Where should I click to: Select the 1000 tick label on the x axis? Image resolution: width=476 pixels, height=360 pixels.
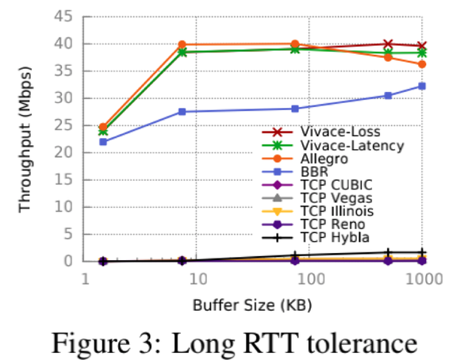pos(424,278)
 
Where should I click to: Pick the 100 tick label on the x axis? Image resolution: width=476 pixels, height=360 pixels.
pos(311,278)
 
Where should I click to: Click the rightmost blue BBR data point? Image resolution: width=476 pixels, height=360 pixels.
pos(422,86)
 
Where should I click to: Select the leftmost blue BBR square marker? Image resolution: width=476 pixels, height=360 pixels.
pos(103,142)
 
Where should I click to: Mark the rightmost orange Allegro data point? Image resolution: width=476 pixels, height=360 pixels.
pos(422,64)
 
